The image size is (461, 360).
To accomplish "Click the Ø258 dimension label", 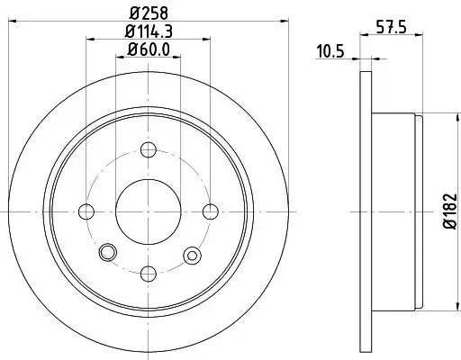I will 149,12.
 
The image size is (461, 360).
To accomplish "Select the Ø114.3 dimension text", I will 149,31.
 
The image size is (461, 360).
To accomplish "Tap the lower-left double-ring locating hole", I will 108,251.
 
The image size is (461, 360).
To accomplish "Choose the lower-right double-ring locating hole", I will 192,256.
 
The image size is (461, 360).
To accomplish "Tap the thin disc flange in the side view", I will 365,211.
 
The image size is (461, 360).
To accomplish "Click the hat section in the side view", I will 396,211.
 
